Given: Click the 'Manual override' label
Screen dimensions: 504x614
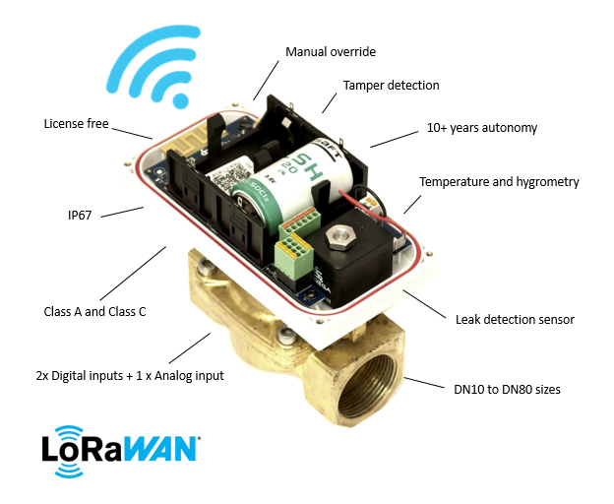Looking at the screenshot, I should (x=331, y=51).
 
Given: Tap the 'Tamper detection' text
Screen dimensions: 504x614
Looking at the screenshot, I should (x=390, y=86).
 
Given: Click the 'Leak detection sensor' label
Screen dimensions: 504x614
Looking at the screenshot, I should (x=515, y=319).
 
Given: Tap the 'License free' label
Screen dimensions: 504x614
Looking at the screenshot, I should (x=76, y=124).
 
